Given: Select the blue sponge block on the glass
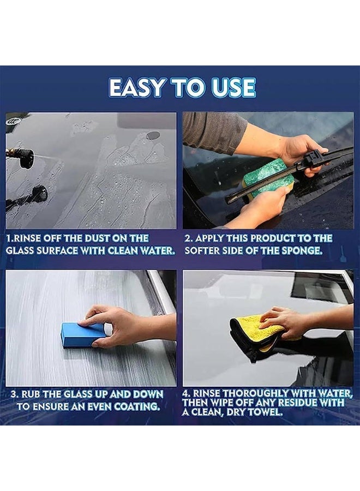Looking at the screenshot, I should tap(82, 333).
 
